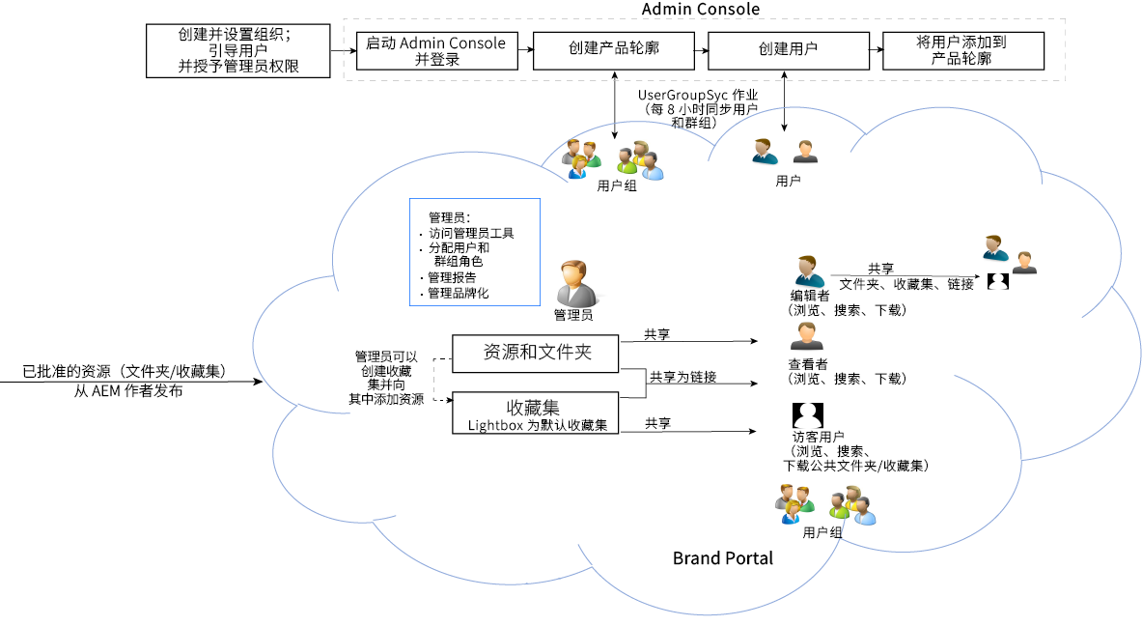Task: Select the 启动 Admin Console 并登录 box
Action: coord(436,51)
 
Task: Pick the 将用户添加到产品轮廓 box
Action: coord(962,51)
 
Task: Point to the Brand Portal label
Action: coord(723,558)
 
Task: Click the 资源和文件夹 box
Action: coord(535,354)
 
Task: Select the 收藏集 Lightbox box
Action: coord(535,413)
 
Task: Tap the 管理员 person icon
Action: coord(573,283)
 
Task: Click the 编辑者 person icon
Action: coord(809,272)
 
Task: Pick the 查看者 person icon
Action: coord(806,337)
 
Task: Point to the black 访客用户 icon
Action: coord(806,415)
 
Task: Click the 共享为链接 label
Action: coord(682,377)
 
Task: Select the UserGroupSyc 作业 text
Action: coord(697,97)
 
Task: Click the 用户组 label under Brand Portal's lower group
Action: coord(822,532)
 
